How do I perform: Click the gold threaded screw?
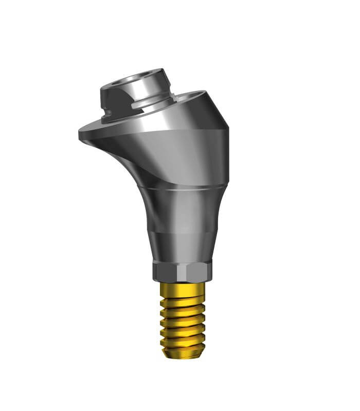tap(183, 319)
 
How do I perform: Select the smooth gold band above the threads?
tap(183, 287)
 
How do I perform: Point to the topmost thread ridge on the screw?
tap(183, 297)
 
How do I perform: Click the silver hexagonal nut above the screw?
tap(182, 271)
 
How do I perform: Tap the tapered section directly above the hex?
tap(182, 247)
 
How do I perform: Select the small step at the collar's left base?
tap(105, 117)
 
